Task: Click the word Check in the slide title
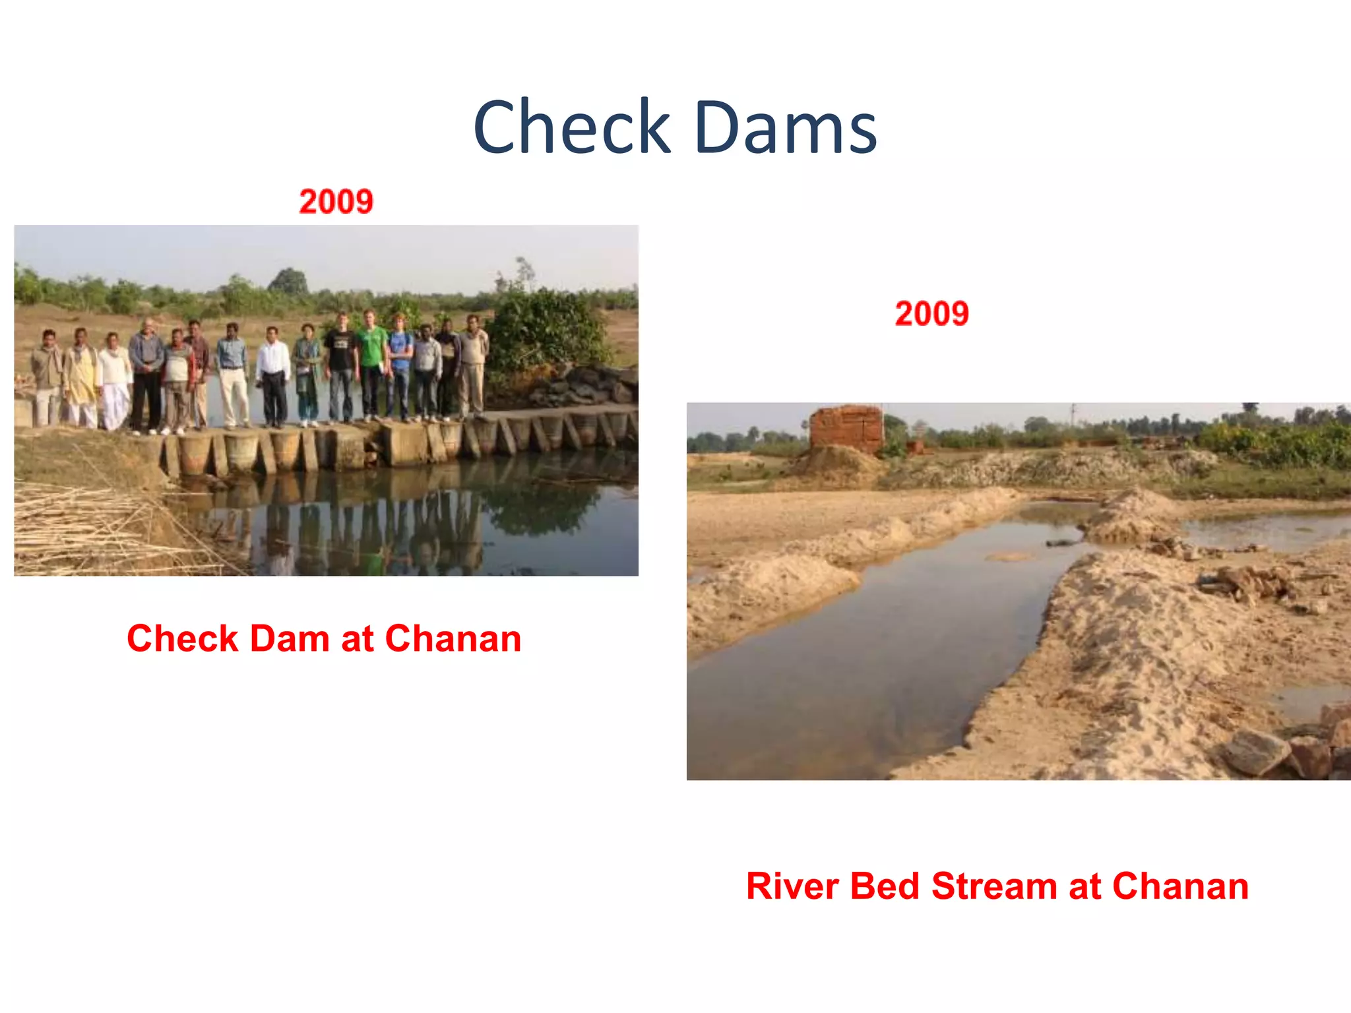pos(571,127)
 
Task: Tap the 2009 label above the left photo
pos(336,201)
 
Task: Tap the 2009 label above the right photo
pos(931,313)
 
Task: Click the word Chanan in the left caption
pos(453,638)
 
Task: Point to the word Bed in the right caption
pos(884,886)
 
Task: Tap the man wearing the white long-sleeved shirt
pos(272,373)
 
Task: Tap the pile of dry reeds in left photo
pos(86,528)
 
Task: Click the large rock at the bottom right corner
pos(1257,752)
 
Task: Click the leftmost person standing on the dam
pos(46,376)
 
